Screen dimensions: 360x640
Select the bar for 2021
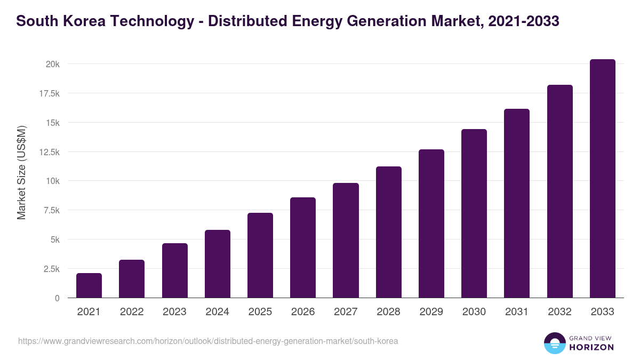pos(89,286)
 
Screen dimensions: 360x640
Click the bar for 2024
pos(218,264)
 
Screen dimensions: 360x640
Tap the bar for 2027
pos(346,241)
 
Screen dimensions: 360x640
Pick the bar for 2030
pos(474,213)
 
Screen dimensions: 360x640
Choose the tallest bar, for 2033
pos(603,179)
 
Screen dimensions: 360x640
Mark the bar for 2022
pos(132,279)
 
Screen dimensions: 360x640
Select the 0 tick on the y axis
pos(57,298)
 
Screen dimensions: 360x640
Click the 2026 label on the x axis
pos(303,312)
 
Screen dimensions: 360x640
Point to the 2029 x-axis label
pos(431,312)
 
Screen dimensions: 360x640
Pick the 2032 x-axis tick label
pos(560,312)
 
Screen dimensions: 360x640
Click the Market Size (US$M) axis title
pos(22,172)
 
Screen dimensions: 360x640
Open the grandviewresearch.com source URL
pos(208,341)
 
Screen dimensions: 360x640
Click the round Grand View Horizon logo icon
pos(555,343)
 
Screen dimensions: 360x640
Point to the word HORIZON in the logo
pos(591,347)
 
